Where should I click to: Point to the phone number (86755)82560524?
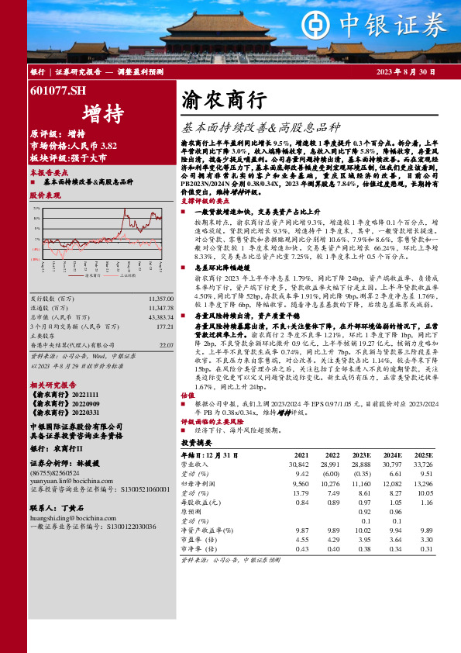[x=54, y=450]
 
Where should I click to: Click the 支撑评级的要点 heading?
[x=207, y=201]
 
